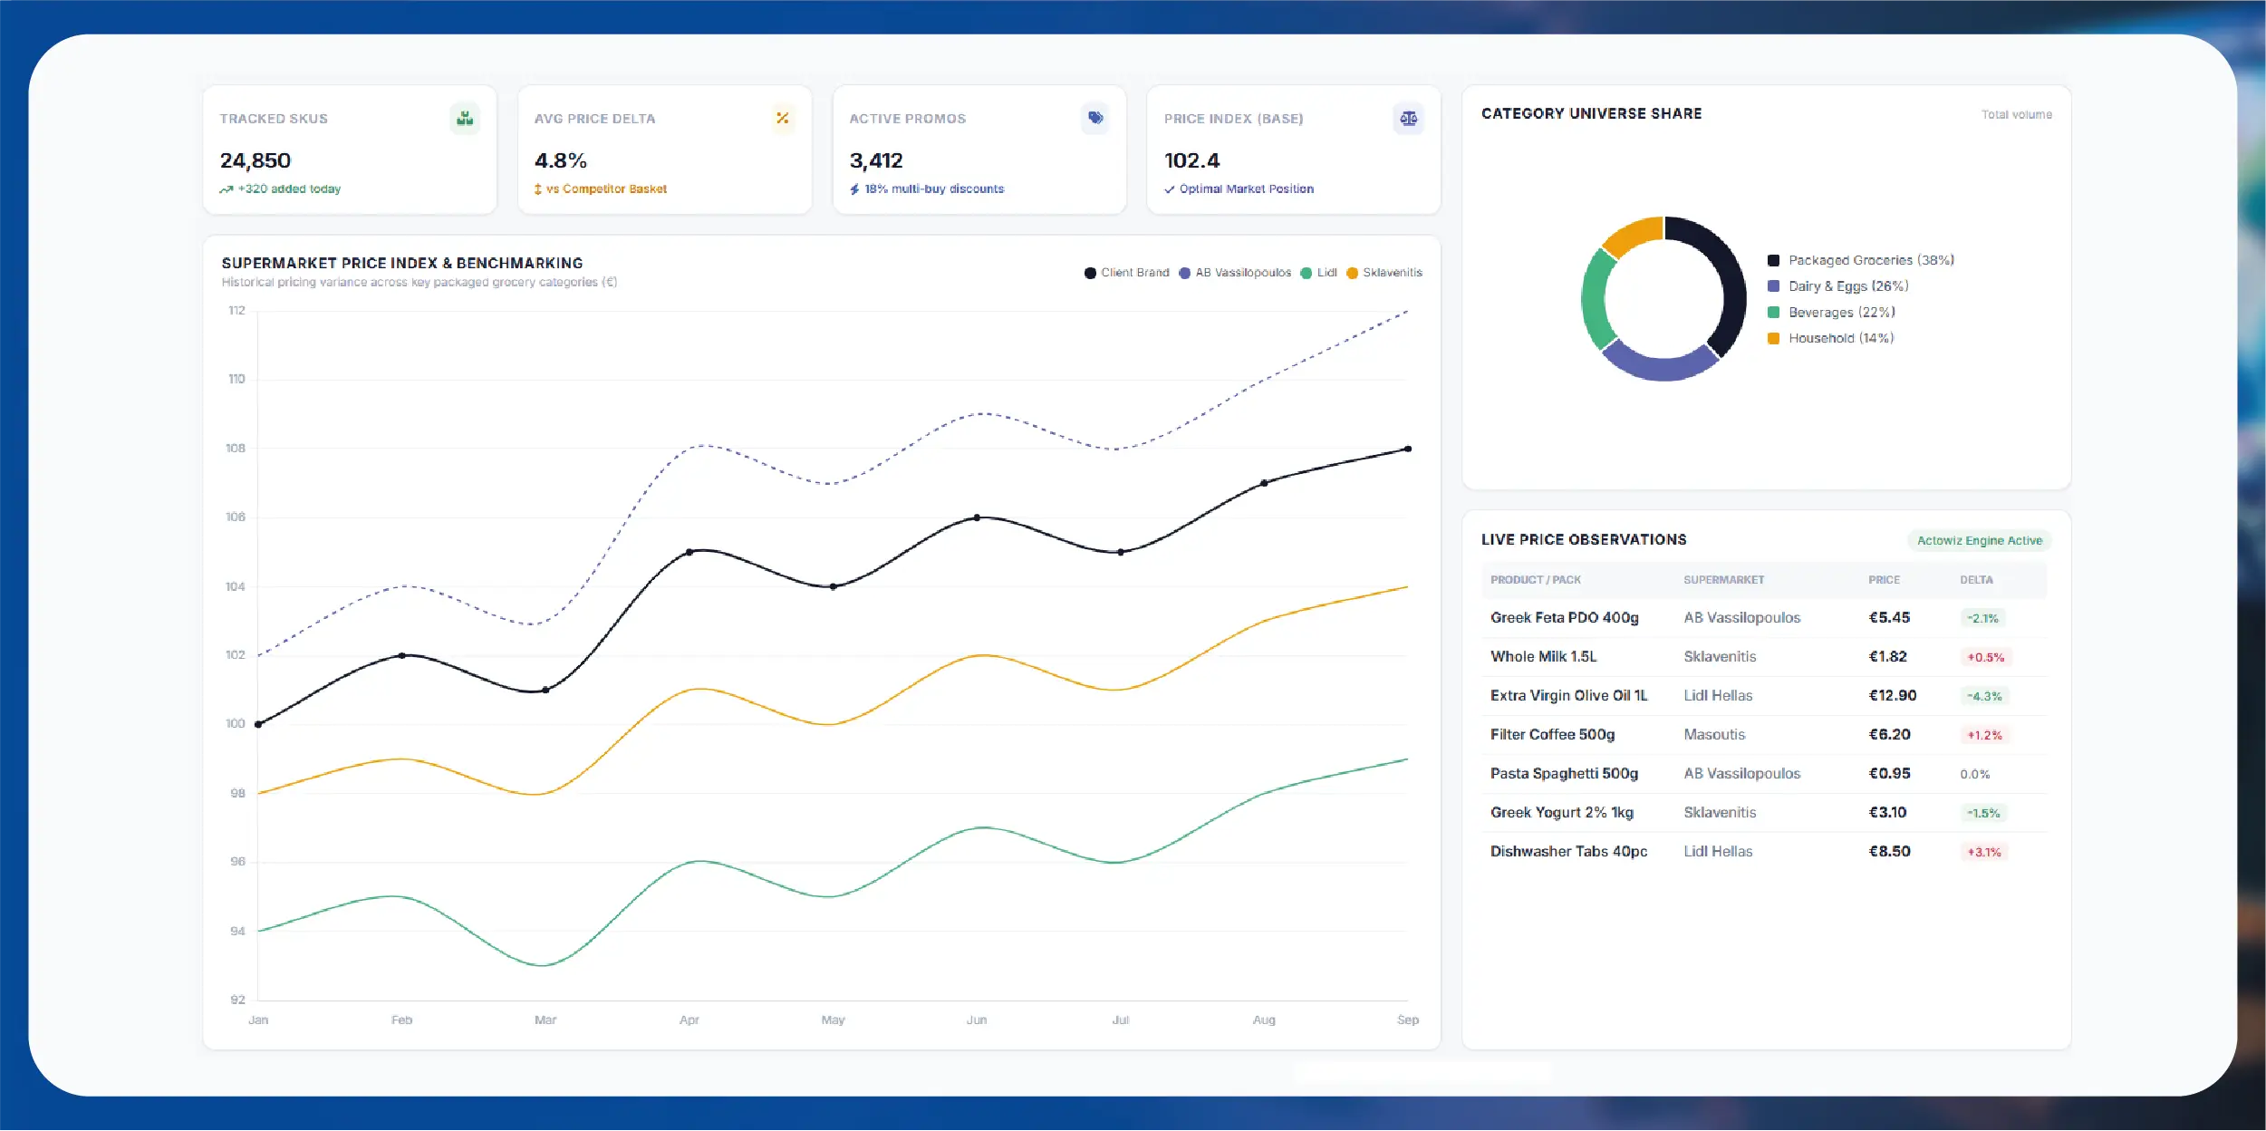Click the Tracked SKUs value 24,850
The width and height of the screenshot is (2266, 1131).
[255, 160]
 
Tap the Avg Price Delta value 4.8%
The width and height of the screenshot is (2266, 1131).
[560, 160]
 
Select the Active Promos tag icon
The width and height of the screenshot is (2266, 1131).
[1095, 118]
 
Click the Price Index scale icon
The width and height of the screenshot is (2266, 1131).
[1408, 119]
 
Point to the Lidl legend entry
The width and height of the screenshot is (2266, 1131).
[1318, 273]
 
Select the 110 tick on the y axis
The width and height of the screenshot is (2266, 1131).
[236, 379]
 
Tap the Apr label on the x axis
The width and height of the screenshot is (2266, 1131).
[689, 1020]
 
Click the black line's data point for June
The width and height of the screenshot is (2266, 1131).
[977, 517]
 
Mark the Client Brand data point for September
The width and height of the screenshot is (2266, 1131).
[1407, 449]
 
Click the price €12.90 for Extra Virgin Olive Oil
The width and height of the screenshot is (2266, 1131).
[1892, 695]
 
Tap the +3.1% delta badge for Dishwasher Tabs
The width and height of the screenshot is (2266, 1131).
[1984, 852]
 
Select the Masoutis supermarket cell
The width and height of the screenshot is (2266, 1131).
[1714, 734]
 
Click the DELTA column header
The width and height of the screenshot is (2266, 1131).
[1976, 580]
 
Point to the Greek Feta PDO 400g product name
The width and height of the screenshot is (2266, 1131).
[1564, 617]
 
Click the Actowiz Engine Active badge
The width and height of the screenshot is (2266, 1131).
[1980, 541]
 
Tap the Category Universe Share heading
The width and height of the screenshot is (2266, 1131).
[1591, 113]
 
